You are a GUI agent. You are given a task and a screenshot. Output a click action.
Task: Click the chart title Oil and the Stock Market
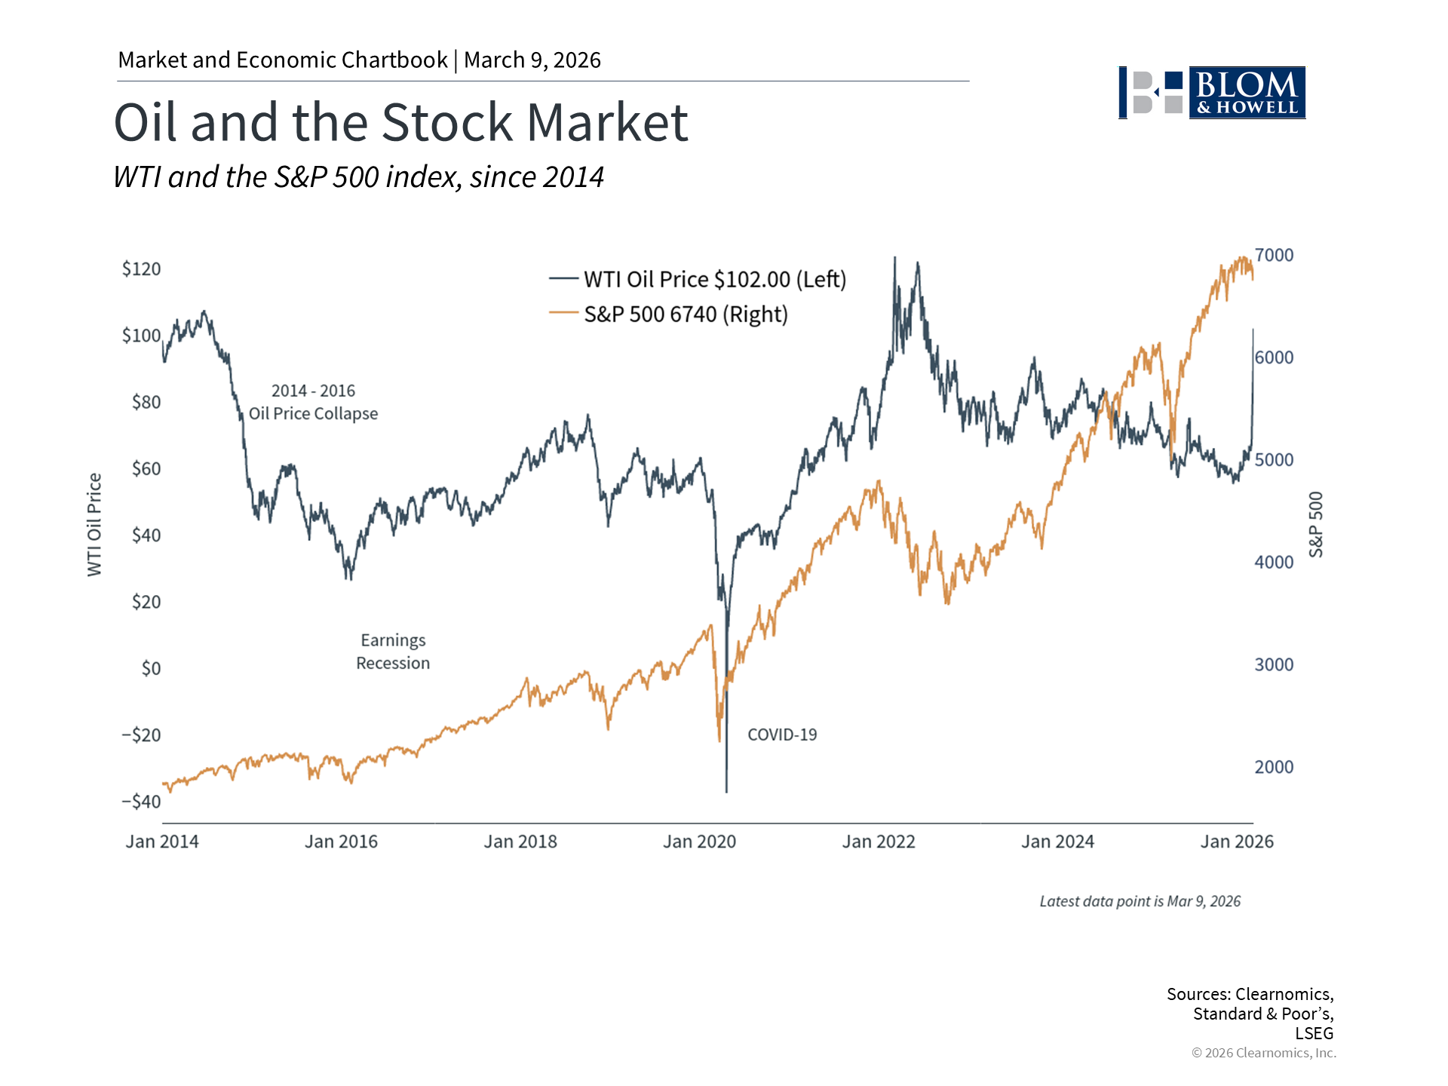(400, 122)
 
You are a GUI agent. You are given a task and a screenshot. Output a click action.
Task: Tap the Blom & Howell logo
(1212, 93)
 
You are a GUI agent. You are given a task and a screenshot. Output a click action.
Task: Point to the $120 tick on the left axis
(141, 269)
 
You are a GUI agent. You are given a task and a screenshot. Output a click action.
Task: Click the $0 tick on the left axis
(151, 668)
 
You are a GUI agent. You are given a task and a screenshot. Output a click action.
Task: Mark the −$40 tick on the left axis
(141, 802)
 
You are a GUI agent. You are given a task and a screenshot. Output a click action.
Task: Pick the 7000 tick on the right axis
(1274, 255)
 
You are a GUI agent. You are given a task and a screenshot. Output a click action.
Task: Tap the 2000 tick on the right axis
(1274, 767)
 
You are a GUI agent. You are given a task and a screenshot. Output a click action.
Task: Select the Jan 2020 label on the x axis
(699, 842)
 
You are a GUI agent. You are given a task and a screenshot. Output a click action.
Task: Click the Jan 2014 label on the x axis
(162, 842)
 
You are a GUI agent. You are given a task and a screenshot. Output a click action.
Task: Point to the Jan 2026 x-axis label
(1237, 842)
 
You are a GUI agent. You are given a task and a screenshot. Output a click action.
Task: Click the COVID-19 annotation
(782, 735)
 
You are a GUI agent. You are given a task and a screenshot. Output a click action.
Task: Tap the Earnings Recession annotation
(393, 652)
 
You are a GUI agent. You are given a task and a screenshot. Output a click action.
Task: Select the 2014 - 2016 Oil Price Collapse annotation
(313, 402)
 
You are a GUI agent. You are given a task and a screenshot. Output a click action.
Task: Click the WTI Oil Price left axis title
(94, 525)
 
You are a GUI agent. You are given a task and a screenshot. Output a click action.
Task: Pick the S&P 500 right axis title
(1316, 525)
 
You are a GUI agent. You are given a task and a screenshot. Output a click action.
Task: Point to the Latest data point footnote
(1140, 901)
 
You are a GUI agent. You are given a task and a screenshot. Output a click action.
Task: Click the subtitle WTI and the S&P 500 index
(358, 177)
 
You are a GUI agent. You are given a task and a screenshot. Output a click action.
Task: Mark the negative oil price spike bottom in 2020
(726, 790)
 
